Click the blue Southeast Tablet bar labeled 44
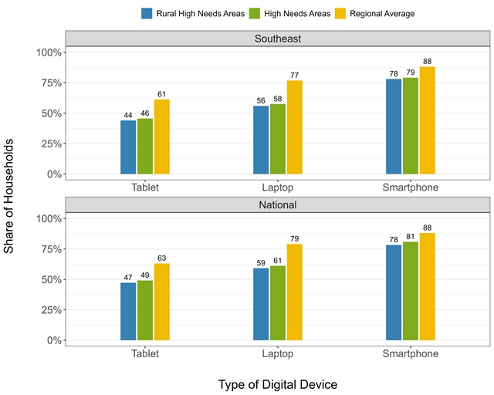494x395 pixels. pyautogui.click(x=128, y=147)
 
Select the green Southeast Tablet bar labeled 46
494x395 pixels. pyautogui.click(x=145, y=146)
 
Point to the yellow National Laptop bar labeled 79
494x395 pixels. pyautogui.click(x=294, y=292)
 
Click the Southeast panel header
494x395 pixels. pyautogui.click(x=279, y=38)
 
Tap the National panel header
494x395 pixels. pyautogui.click(x=279, y=205)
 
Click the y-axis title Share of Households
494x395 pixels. pyautogui.click(x=10, y=196)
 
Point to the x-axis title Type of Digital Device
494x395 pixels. pyautogui.click(x=278, y=383)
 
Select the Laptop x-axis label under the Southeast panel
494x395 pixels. pyautogui.click(x=278, y=187)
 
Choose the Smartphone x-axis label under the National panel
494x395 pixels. pyautogui.click(x=411, y=354)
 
